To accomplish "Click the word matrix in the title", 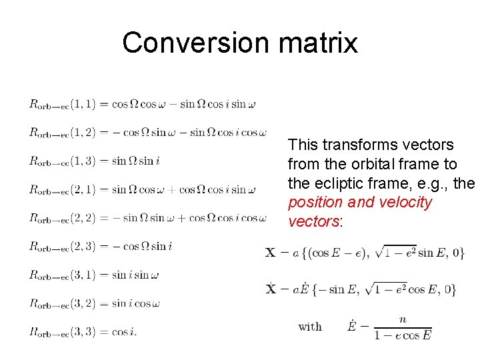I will click(317, 43).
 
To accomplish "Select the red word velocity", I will click(406, 203).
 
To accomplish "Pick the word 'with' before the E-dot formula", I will click(310, 327).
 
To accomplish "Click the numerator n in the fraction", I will click(403, 319).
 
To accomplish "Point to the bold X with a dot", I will click(271, 289).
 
